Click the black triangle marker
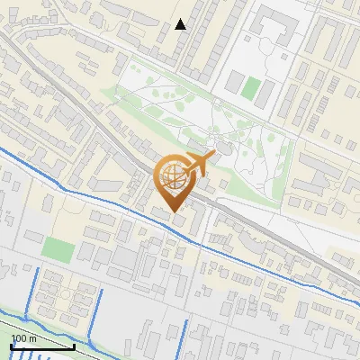[181, 24]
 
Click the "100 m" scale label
[23, 337]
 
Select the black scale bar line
[42, 346]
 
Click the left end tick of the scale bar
[11, 346]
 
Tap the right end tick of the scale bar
[74, 346]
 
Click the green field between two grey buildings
[251, 89]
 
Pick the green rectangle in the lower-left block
[58, 249]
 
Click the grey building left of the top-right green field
[233, 84]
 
